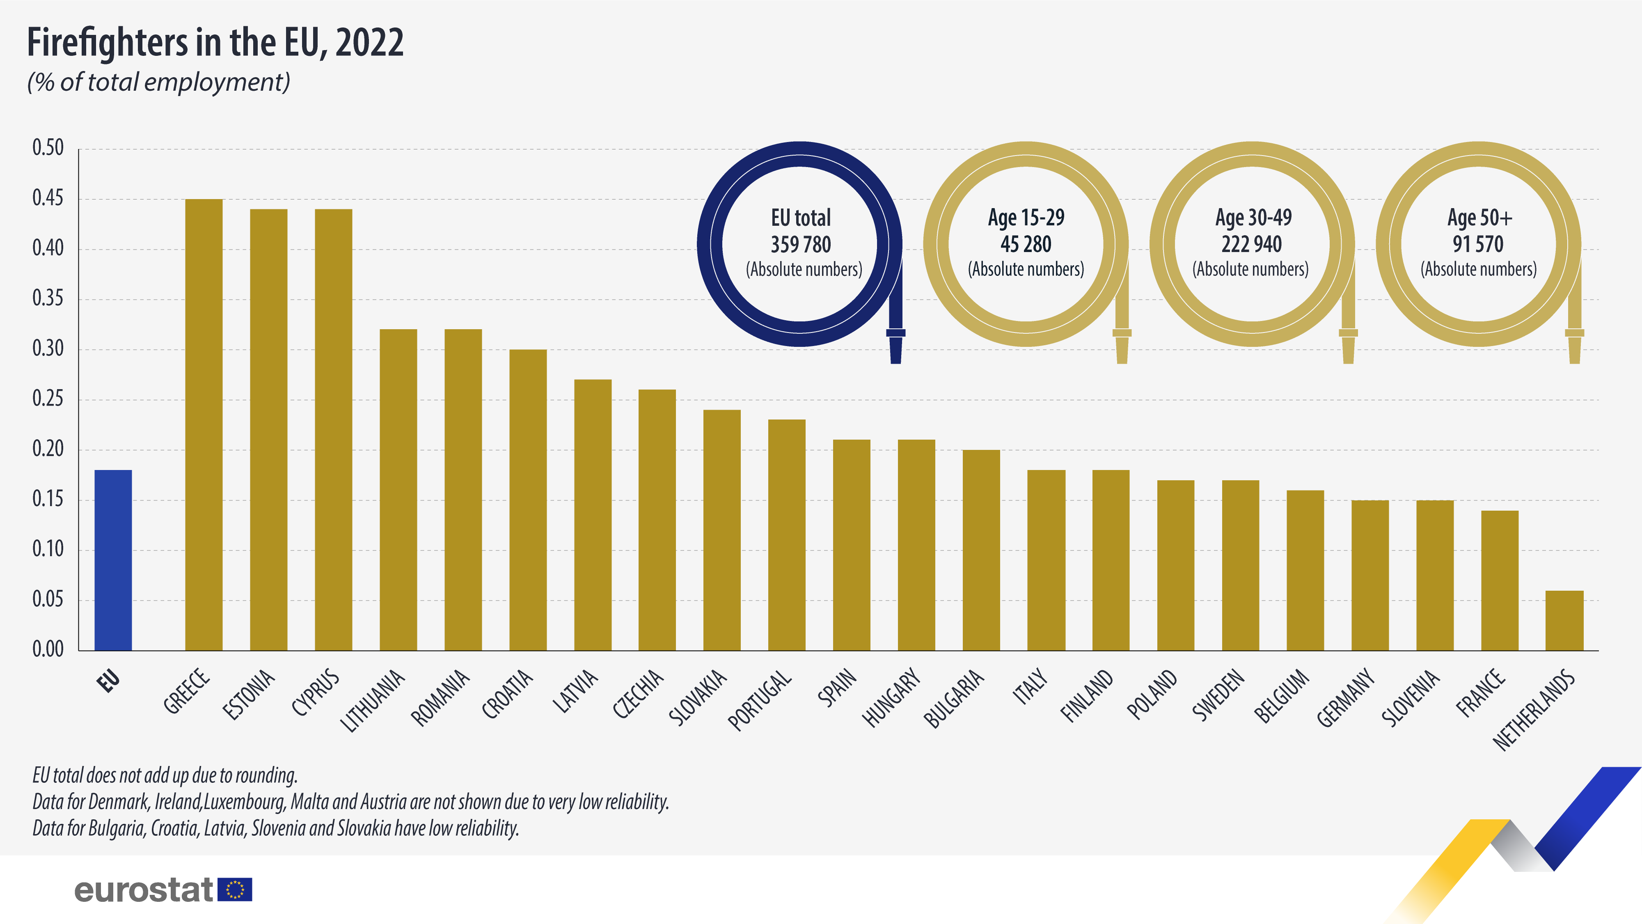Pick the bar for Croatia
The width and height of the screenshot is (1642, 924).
coord(528,500)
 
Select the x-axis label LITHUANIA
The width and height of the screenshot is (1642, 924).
coord(373,700)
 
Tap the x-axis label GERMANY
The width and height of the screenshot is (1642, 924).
coord(1345,697)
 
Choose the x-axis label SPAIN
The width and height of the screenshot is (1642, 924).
coord(837,688)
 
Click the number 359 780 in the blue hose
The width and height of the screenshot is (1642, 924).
coord(801,244)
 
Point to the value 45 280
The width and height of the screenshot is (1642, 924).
coord(1026,244)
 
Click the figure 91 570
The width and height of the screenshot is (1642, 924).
coord(1478,244)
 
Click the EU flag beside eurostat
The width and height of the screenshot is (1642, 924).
coord(235,890)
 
